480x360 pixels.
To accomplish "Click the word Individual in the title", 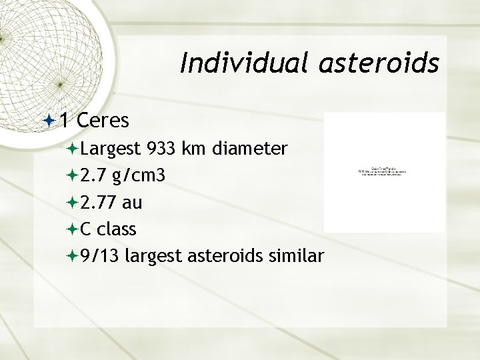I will click(x=235, y=64).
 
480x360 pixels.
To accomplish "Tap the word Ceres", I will click(x=103, y=119).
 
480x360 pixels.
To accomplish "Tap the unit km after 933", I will click(x=197, y=147).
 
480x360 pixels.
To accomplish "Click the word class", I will click(x=117, y=229).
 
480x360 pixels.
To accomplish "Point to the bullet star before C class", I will click(x=72, y=230).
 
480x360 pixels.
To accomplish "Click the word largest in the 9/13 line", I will click(x=155, y=257).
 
